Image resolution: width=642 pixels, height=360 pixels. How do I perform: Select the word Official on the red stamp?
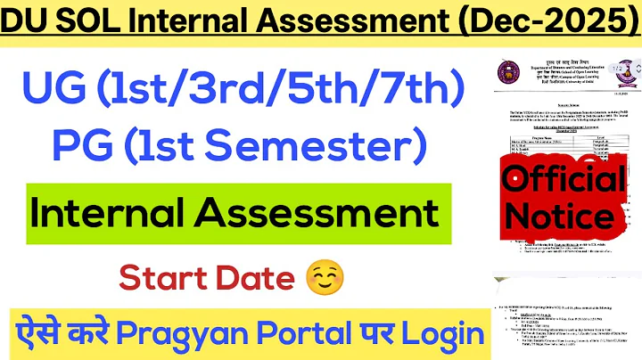click(563, 182)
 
